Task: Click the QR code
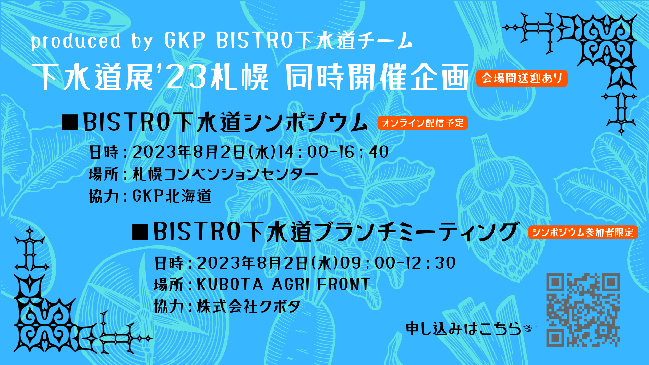[583, 310]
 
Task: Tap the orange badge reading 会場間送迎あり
[522, 78]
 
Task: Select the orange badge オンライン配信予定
[423, 123]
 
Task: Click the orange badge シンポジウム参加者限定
[583, 232]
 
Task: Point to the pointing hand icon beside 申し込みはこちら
[529, 328]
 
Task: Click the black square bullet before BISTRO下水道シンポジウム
[70, 122]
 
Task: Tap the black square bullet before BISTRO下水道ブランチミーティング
[140, 232]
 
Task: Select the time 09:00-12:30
[398, 263]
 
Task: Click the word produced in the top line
[76, 41]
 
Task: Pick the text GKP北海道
[172, 196]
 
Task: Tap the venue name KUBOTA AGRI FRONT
[283, 285]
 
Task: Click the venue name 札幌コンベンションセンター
[225, 174]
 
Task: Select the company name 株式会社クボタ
[249, 307]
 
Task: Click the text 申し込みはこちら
[463, 328]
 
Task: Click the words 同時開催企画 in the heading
[377, 77]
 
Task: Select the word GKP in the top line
[185, 41]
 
